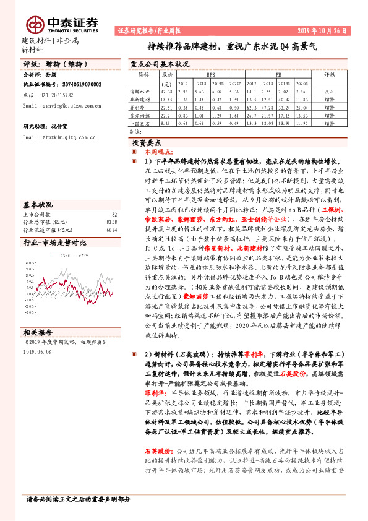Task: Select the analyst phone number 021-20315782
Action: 53,95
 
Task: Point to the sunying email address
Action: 61,106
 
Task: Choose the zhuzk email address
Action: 61,136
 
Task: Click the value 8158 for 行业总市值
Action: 112,221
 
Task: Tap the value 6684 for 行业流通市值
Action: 112,229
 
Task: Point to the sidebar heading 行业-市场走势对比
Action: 55,243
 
